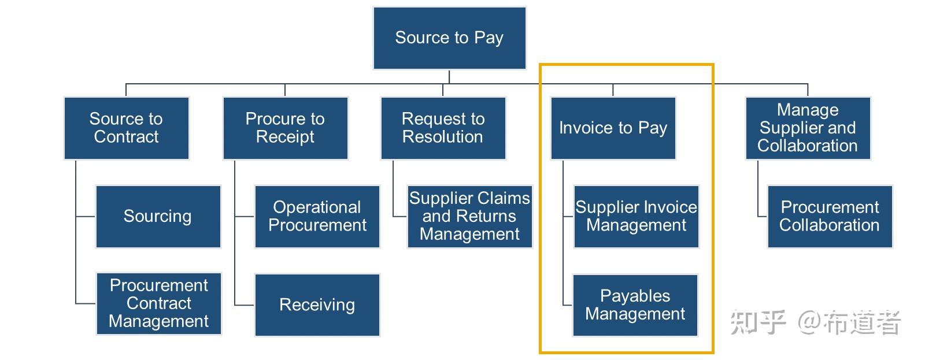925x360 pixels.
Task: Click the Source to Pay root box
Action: tap(449, 38)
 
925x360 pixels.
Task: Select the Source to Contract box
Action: tap(126, 128)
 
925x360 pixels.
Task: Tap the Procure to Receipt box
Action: tap(285, 128)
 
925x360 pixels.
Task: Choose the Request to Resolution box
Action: tap(443, 128)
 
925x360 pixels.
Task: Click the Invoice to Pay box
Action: tap(613, 128)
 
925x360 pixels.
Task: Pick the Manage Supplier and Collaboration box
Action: tap(807, 128)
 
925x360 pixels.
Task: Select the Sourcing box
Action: tap(158, 216)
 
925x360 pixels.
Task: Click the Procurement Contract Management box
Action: tap(158, 303)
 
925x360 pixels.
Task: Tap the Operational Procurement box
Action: tap(317, 216)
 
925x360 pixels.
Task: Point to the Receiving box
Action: tap(317, 305)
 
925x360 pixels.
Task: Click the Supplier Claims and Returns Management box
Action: tap(469, 216)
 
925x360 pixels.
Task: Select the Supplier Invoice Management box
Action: tap(636, 216)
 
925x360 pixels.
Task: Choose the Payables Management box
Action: tap(635, 305)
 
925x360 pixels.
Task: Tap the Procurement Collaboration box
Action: tap(829, 216)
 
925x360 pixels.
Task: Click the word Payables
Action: tap(635, 296)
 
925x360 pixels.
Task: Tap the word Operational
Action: tap(317, 207)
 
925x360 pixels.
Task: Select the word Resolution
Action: tap(442, 137)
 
